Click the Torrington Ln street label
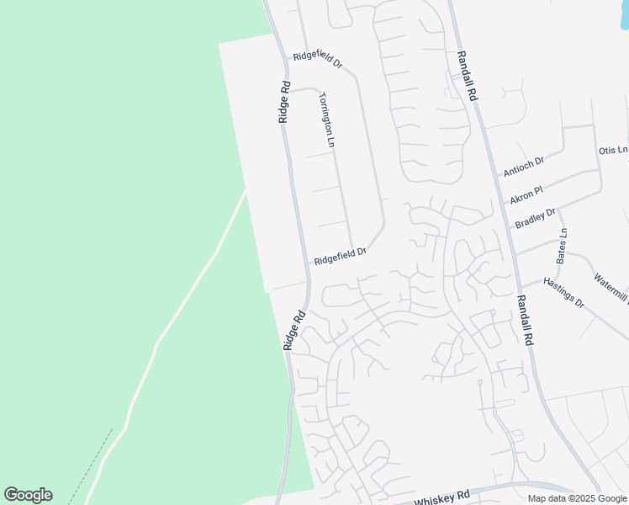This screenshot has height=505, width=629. (327, 120)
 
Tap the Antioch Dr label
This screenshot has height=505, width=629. (524, 167)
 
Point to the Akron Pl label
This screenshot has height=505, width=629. (527, 195)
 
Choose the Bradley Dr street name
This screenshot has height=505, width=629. (536, 218)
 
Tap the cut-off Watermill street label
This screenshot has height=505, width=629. (610, 289)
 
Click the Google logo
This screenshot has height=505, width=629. (28, 495)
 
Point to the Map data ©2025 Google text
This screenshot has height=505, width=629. (577, 498)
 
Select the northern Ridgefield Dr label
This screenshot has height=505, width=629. (318, 59)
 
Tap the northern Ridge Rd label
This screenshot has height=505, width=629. (284, 103)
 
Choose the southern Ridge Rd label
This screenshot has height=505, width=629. (293, 330)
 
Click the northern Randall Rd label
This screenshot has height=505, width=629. (467, 76)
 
